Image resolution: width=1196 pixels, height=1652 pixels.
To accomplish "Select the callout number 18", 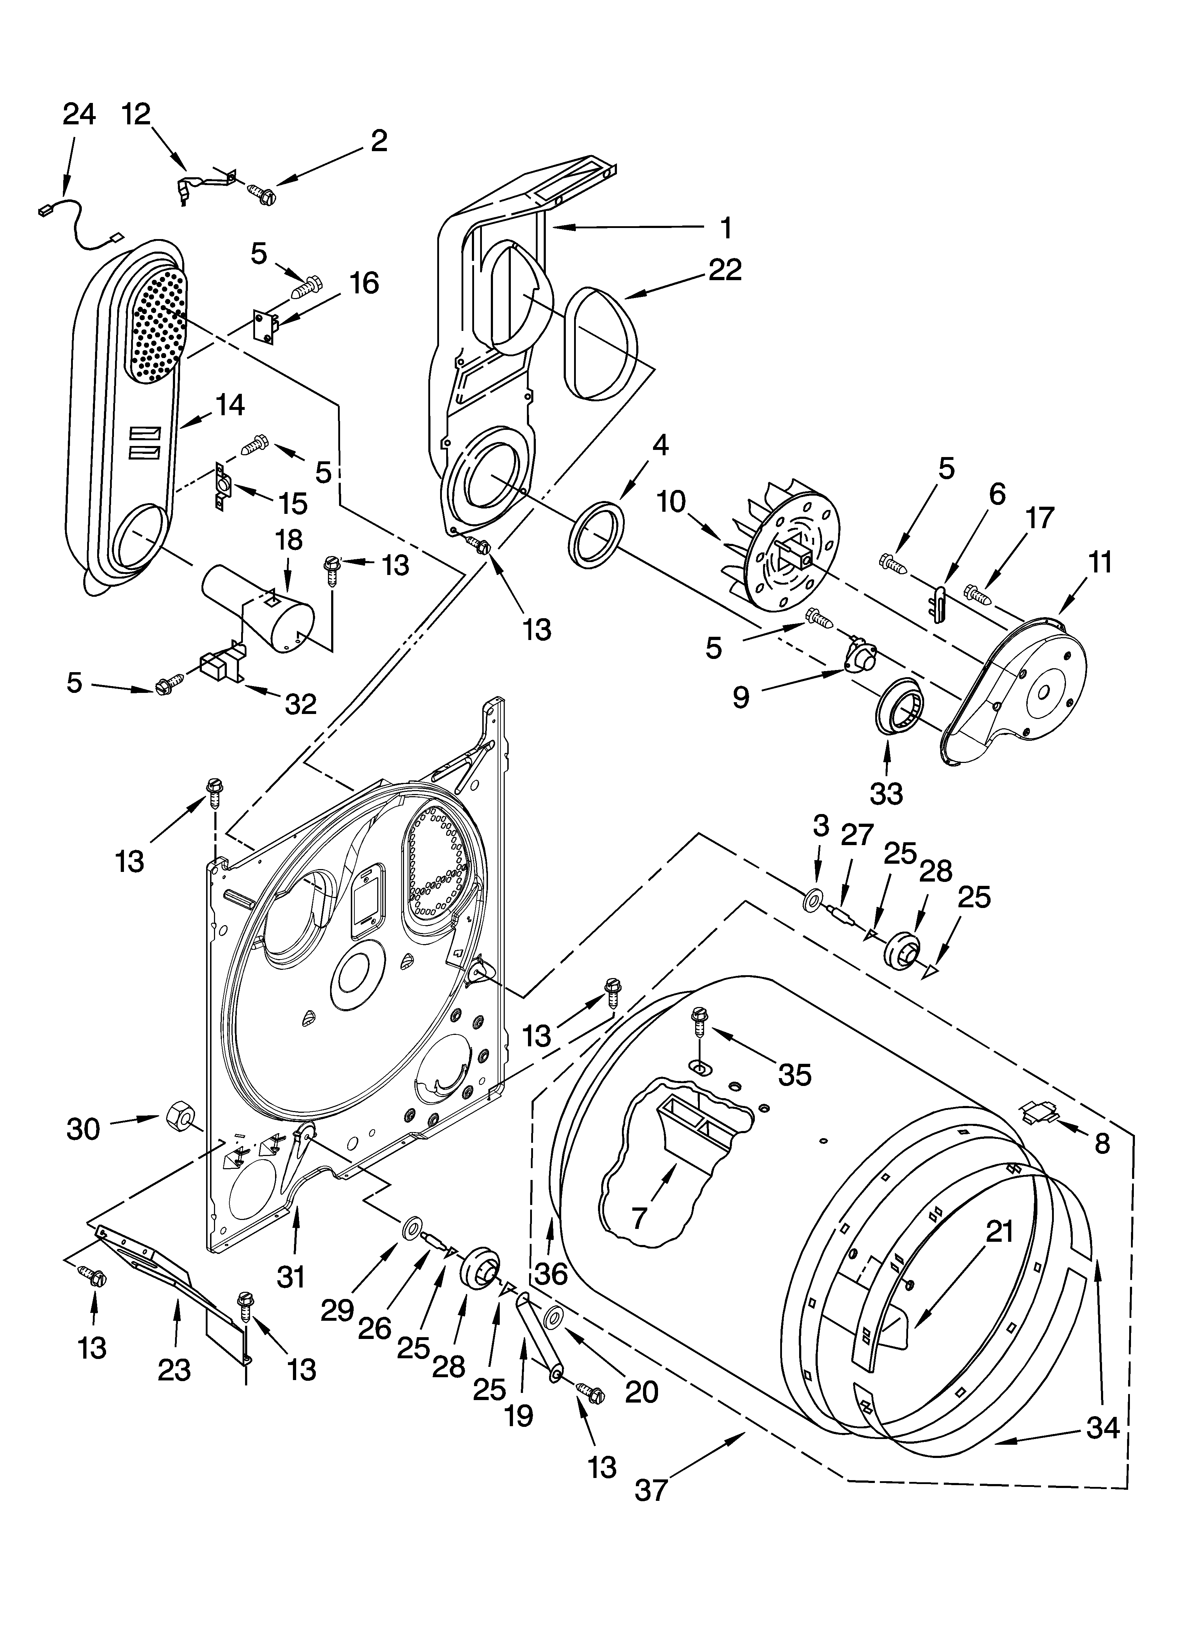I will [x=289, y=540].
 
